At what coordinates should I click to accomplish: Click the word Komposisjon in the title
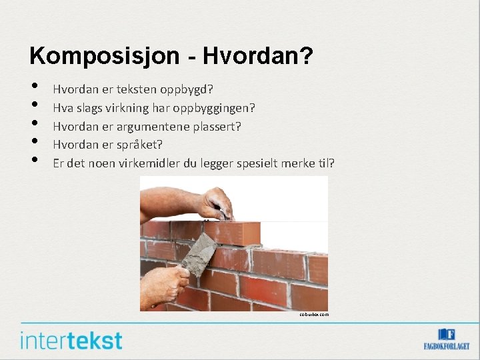[95, 56]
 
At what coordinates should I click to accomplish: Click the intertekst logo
[71, 340]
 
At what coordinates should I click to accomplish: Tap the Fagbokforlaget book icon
[447, 335]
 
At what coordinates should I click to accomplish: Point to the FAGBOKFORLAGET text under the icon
[447, 347]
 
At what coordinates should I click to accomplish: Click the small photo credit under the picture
[313, 314]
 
